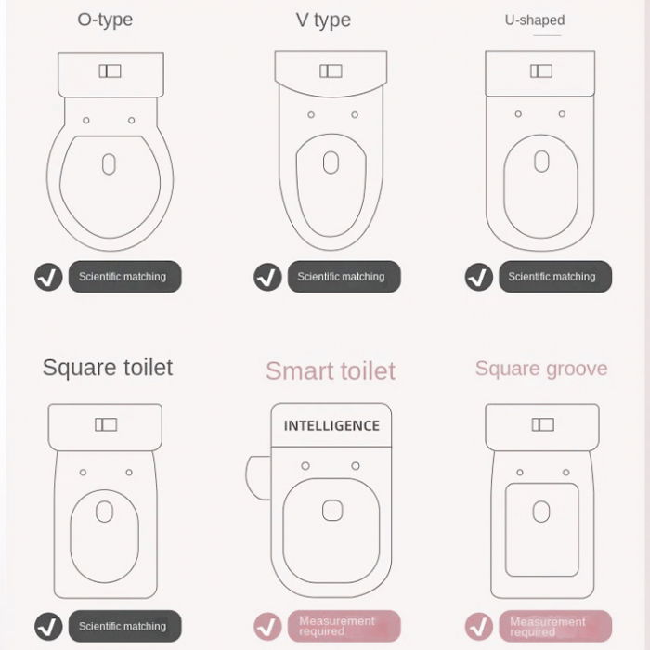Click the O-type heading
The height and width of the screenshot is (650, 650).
point(105,19)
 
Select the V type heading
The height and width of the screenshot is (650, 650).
point(323,20)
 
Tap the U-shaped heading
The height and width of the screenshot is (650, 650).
point(535,19)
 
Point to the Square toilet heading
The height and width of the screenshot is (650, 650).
point(108,368)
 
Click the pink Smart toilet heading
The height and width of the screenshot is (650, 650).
point(331,370)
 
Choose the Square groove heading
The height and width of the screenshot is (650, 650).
point(541,369)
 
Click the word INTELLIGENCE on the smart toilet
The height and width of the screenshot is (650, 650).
point(331,426)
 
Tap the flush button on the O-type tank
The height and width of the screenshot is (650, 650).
point(110,71)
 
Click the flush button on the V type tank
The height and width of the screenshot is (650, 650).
point(331,71)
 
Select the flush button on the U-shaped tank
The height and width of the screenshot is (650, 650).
point(541,71)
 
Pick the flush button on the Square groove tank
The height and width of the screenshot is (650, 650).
point(542,424)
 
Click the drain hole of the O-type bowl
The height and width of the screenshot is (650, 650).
point(109,164)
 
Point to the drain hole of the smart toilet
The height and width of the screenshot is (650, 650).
point(331,510)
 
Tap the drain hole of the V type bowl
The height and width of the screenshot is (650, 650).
point(331,162)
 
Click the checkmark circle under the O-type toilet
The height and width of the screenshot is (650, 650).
point(48,277)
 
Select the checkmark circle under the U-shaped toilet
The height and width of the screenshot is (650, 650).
point(479,277)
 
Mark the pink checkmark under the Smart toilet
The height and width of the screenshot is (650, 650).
point(267,626)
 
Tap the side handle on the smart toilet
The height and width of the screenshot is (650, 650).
point(257,477)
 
